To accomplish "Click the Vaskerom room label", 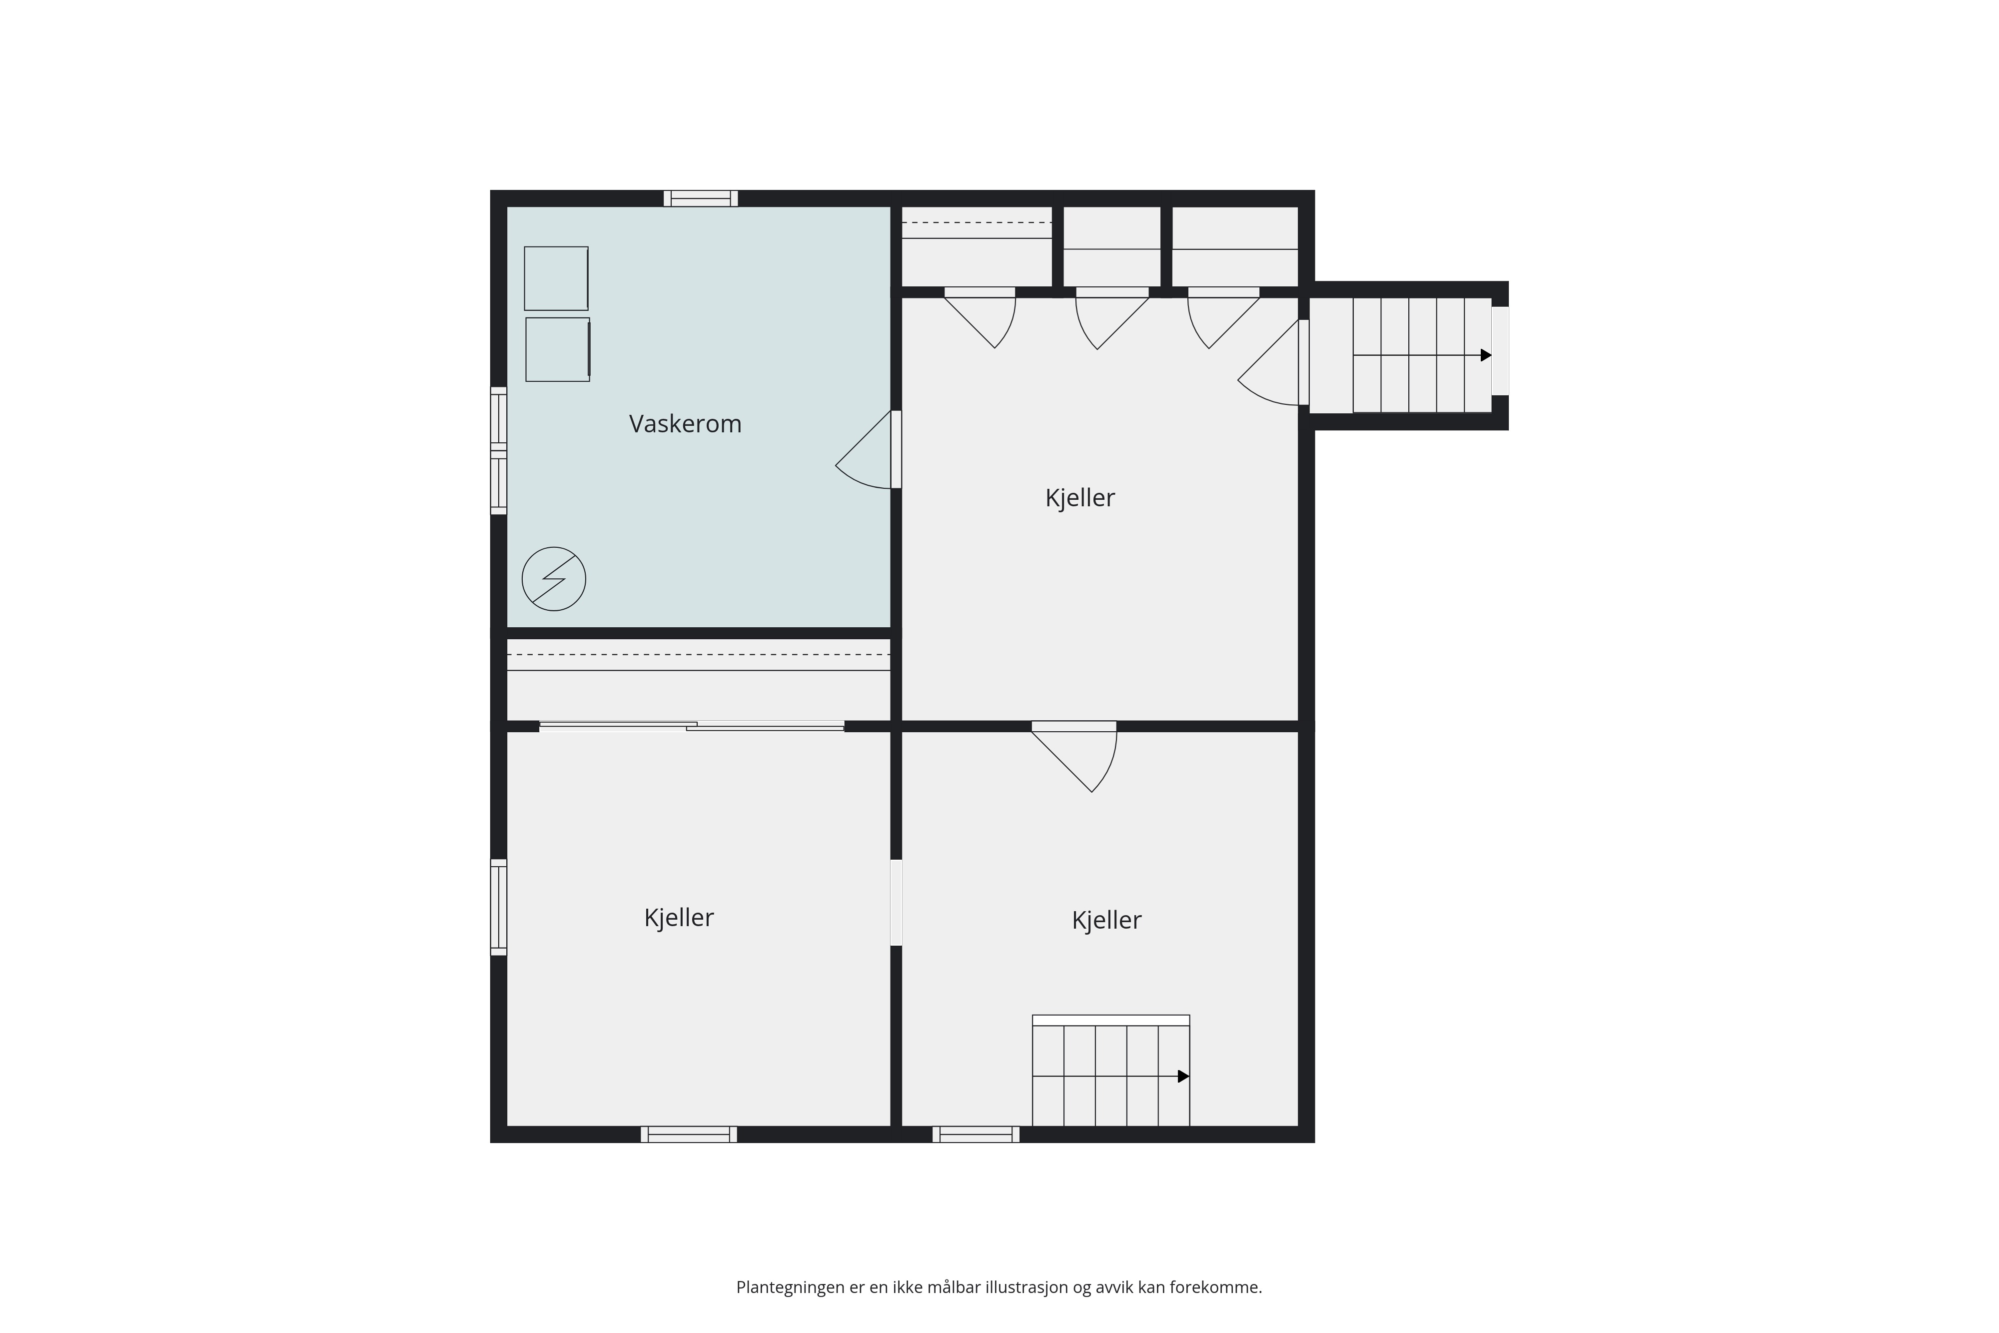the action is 685,423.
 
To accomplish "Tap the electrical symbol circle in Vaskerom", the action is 553,579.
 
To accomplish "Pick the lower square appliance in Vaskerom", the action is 558,349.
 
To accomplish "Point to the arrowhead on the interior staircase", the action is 1183,1076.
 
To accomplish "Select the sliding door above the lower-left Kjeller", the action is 692,726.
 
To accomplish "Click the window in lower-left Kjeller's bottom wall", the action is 689,1134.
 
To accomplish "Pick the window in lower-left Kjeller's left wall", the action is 499,907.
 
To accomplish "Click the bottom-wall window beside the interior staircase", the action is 976,1134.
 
